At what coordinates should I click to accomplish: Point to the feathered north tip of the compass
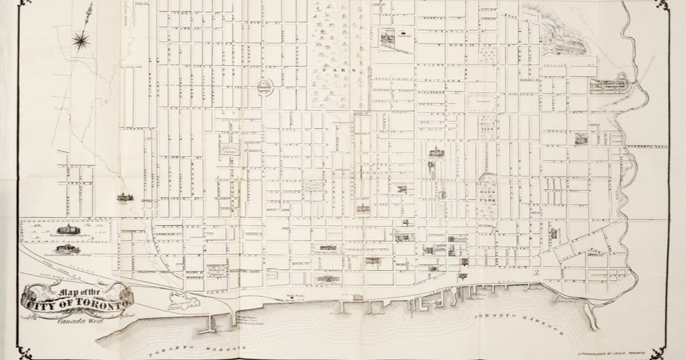click(x=91, y=9)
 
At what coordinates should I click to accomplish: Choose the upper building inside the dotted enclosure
click(x=70, y=230)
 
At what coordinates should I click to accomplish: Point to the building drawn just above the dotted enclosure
click(x=122, y=197)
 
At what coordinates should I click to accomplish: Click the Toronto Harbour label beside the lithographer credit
click(x=521, y=322)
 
